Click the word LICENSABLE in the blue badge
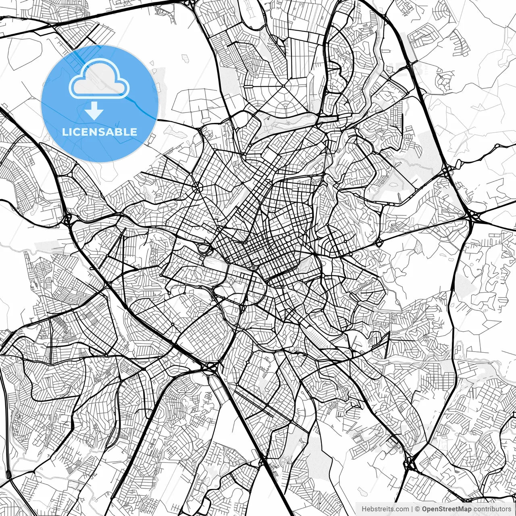point(100,132)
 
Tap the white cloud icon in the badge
point(99,79)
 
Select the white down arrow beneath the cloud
point(94,110)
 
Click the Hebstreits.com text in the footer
point(385,509)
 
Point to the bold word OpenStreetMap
point(446,509)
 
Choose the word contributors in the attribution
point(492,509)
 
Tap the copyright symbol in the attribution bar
point(418,509)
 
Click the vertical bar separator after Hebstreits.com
point(412,509)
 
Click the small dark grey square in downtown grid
point(253,267)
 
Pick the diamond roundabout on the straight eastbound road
point(379,243)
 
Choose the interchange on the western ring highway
point(67,220)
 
